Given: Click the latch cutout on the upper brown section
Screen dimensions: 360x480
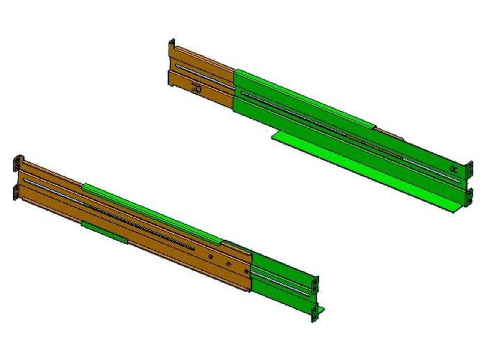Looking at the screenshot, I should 197,88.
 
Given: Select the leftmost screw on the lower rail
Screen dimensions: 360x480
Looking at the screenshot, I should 211,257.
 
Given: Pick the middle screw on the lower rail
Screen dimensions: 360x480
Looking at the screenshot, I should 229,264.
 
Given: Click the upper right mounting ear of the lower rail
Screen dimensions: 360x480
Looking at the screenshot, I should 315,283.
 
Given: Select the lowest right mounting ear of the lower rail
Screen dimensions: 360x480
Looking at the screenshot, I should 314,313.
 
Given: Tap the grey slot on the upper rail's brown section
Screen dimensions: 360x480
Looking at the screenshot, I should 204,76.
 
